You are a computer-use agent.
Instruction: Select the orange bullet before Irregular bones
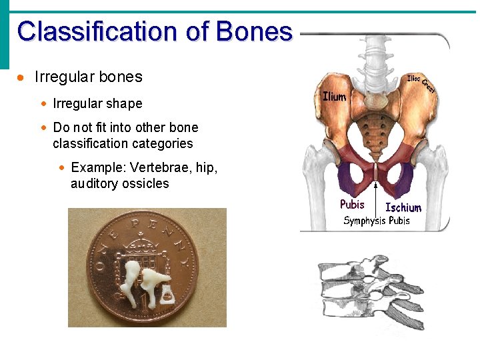tap(21, 78)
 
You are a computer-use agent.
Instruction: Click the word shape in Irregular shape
tap(123, 104)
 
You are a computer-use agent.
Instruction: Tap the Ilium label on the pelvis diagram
tap(334, 97)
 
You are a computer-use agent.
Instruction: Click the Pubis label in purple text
tap(352, 205)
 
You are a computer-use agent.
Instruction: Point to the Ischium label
tap(403, 207)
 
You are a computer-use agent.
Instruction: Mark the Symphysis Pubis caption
tap(376, 221)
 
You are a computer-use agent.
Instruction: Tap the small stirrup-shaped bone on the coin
tap(166, 291)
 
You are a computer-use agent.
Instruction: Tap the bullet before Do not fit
tap(43, 127)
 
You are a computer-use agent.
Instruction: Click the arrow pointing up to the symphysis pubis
tap(376, 190)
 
